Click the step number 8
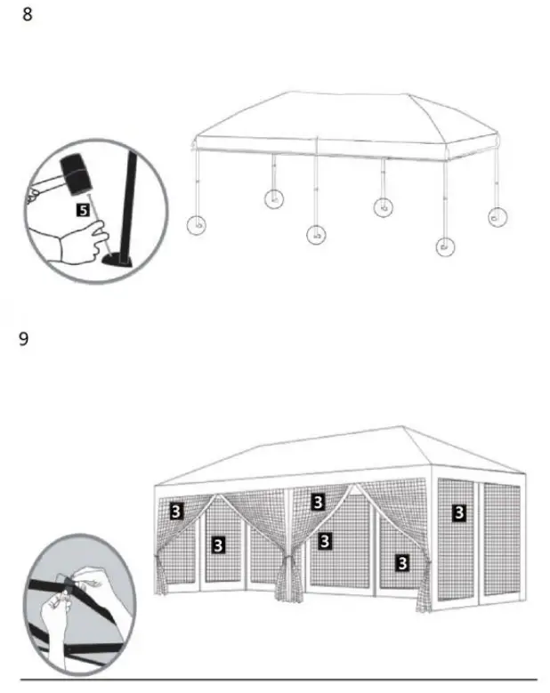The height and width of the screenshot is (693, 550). pyautogui.click(x=27, y=15)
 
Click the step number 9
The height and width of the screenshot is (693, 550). pyautogui.click(x=24, y=339)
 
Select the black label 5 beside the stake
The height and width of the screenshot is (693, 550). pyautogui.click(x=83, y=211)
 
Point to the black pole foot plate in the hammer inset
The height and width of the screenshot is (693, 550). pyautogui.click(x=117, y=259)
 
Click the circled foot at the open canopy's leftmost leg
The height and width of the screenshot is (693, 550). pyautogui.click(x=196, y=224)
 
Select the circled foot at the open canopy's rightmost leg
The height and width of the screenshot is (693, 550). pyautogui.click(x=497, y=216)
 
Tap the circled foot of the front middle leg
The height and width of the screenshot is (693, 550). pyautogui.click(x=316, y=235)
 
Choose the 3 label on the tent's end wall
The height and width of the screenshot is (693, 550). pyautogui.click(x=458, y=512)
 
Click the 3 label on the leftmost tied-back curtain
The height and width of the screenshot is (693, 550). pyautogui.click(x=176, y=511)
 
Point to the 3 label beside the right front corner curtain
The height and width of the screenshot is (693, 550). pyautogui.click(x=402, y=561)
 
